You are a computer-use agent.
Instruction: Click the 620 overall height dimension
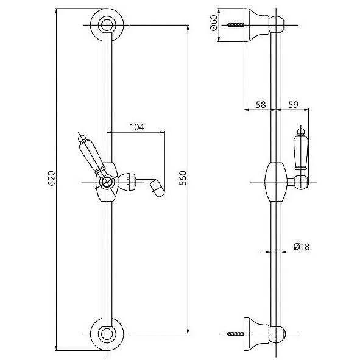click(51, 178)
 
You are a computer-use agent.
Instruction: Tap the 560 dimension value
click(183, 178)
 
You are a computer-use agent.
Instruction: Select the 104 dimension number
click(137, 127)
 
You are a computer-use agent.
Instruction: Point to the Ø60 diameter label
click(214, 23)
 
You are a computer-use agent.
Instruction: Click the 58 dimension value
click(261, 105)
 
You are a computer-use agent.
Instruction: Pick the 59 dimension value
click(293, 105)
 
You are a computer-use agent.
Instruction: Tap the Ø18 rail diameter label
click(302, 247)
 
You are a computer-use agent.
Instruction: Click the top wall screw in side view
click(236, 25)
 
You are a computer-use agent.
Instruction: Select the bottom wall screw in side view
click(236, 334)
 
